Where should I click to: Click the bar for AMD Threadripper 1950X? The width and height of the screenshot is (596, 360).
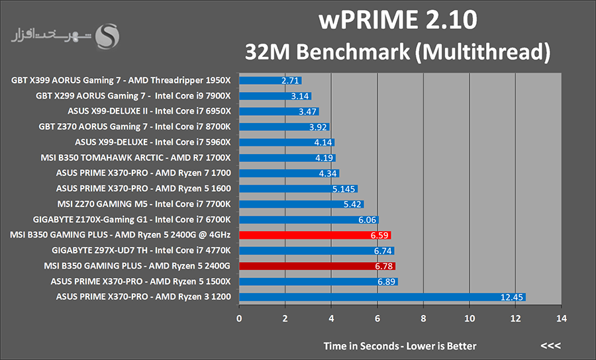pos(270,81)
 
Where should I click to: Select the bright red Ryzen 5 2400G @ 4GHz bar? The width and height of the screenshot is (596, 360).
pos(315,235)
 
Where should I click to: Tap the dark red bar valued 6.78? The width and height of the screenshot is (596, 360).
pos(317,266)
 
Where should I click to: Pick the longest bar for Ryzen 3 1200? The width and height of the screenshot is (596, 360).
pos(381,297)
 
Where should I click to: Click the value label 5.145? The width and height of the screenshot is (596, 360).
pos(344,189)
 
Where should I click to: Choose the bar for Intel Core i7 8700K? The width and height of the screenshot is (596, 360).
pos(284,127)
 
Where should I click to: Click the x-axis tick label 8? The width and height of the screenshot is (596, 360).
pos(423,317)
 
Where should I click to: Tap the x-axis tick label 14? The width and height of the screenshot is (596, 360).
pos(561,317)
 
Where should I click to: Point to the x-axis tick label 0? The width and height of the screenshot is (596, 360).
pos(239,317)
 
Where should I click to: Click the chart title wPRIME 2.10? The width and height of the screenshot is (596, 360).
pos(397,20)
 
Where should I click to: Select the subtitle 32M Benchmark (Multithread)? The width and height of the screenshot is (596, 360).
pos(397,51)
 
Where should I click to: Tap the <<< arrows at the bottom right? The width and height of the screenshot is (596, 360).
pos(550,346)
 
